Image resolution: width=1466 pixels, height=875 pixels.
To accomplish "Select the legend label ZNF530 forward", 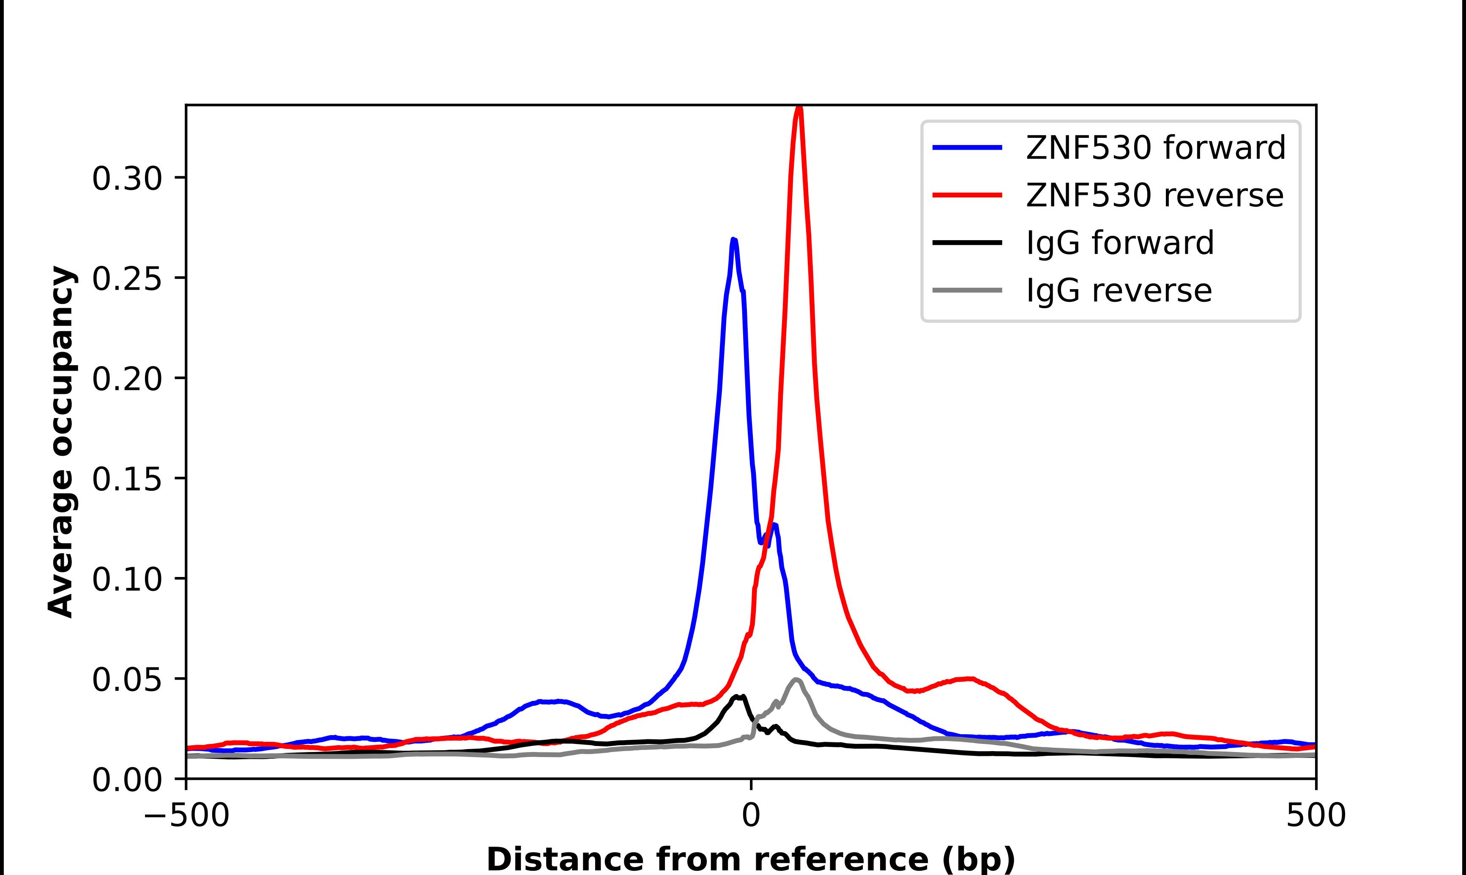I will (1155, 148).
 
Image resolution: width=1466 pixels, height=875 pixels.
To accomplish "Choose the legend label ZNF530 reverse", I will (1154, 195).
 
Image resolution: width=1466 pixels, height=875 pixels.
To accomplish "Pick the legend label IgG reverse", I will (1119, 290).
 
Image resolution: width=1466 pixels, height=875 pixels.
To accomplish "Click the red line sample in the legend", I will (967, 194).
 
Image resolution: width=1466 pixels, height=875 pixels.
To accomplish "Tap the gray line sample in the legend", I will (967, 290).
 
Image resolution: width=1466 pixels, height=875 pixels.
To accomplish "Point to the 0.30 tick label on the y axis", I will (127, 178).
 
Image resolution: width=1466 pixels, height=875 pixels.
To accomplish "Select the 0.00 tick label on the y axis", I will (127, 779).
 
